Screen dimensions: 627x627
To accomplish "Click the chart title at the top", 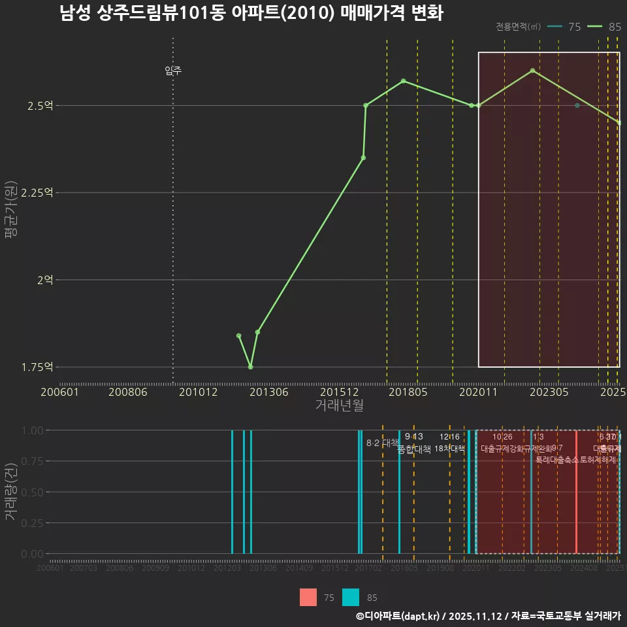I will pos(251,13).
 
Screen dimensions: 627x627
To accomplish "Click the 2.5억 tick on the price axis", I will pos(42,106).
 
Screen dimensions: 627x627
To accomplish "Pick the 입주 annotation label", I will pos(173,71).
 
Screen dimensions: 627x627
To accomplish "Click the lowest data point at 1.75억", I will pos(251,367).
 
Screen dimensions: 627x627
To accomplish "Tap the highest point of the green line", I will pos(533,71).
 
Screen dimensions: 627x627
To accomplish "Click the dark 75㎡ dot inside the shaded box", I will pos(577,105).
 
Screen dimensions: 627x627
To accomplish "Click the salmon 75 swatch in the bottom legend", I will pos(308,598).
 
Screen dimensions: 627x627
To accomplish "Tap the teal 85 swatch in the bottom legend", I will pos(351,598).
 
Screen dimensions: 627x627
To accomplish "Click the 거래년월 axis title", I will pos(339,406).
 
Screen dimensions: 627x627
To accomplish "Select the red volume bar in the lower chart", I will pos(576,492).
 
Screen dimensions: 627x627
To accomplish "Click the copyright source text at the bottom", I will pos(488,616).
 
